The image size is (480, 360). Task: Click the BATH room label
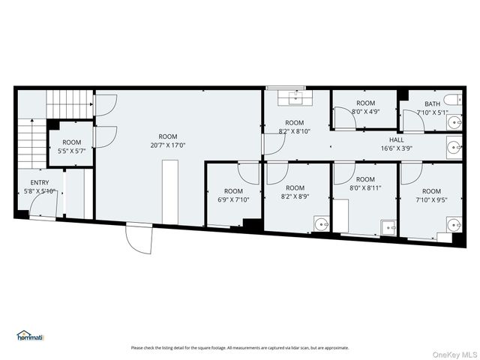[433, 104]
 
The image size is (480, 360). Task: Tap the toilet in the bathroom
[451, 100]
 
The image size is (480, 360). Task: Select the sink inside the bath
[454, 122]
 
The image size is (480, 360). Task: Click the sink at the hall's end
[454, 147]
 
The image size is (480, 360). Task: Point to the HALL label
[396, 139]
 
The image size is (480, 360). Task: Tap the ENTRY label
[40, 183]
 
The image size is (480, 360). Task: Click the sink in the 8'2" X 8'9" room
[321, 223]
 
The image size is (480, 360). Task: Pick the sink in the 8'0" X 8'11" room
[388, 224]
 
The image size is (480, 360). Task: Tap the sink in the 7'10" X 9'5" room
[454, 223]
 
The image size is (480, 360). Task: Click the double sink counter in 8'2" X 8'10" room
[295, 97]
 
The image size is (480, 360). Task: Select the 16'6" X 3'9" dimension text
[396, 148]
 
